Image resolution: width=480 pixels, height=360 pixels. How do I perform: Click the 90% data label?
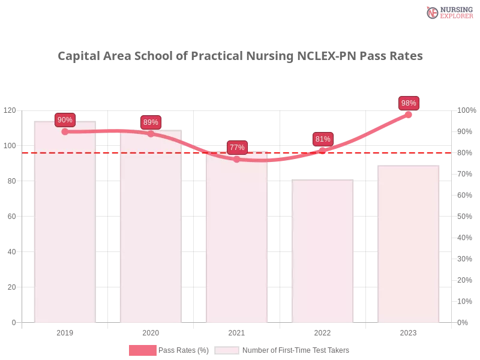coord(65,120)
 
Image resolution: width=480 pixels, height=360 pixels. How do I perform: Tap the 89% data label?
coord(151,122)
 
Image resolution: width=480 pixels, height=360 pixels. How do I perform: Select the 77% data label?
coord(237,148)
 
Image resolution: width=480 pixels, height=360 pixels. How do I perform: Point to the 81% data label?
coord(323,139)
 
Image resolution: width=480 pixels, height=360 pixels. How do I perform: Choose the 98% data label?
coord(409,103)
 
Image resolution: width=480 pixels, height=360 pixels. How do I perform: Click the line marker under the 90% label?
coord(65,131)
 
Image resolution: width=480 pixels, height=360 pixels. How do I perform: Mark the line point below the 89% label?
coord(151,133)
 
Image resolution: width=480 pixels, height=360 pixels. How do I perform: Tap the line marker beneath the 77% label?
coord(236,159)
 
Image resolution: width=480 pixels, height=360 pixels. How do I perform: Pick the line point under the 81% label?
coord(323,151)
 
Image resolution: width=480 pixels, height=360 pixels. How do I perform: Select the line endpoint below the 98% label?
coord(409,114)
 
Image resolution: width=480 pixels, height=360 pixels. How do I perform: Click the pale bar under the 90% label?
coord(65,228)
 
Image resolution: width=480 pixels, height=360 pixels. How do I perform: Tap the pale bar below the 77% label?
coord(236,240)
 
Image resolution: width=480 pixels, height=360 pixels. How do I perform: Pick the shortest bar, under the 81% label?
coord(323,252)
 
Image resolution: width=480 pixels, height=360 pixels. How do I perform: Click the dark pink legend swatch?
coord(142,350)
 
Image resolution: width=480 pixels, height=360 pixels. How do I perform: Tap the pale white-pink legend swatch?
coord(227,350)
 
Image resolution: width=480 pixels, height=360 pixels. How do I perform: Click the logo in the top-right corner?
coord(448,12)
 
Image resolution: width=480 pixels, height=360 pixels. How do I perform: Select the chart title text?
coord(242,56)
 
